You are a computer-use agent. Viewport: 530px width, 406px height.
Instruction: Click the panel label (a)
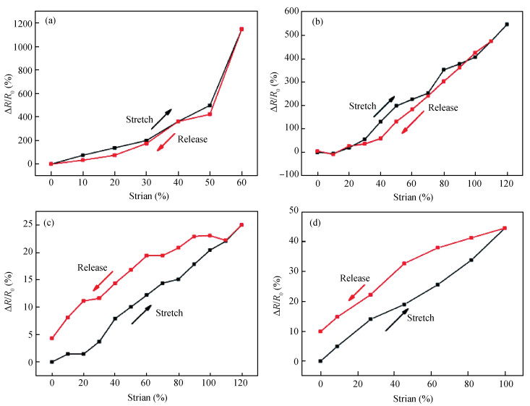tap(53, 21)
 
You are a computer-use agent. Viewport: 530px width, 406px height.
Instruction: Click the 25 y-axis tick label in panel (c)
tap(31, 225)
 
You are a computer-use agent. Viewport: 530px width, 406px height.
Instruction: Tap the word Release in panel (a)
tap(192, 139)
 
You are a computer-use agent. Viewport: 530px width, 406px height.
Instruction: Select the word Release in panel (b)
tap(445, 107)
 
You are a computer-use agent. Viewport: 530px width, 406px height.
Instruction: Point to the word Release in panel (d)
tap(355, 278)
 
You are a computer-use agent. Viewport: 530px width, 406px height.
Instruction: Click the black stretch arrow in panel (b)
tap(384, 106)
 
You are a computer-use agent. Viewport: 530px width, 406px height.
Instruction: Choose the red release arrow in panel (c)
tap(103, 280)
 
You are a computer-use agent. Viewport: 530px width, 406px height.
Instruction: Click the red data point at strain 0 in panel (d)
tap(320, 331)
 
